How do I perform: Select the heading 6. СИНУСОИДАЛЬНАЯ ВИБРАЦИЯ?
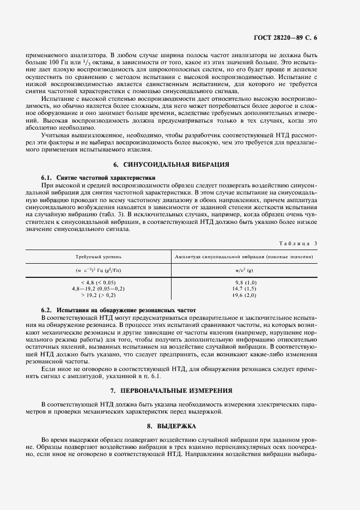click(x=171, y=164)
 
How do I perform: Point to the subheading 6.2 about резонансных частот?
click(x=114, y=309)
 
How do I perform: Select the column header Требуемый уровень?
click(x=98, y=256)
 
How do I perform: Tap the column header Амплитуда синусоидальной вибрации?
click(x=243, y=256)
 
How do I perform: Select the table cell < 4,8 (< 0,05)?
click(x=98, y=282)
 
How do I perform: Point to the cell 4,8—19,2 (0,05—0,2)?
click(x=98, y=288)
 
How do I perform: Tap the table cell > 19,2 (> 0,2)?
click(x=98, y=295)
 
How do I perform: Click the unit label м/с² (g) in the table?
click(x=243, y=269)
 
